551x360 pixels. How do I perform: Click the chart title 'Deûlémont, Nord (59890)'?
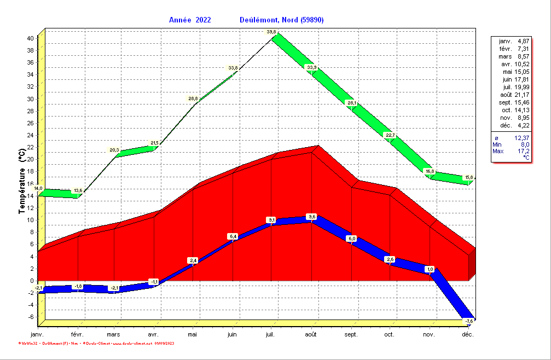point(282,20)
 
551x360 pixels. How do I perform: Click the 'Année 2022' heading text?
point(189,20)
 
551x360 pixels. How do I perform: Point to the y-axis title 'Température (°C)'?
point(22,181)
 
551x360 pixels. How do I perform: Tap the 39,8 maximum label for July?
point(271,32)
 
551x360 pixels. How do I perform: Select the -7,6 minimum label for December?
point(469,321)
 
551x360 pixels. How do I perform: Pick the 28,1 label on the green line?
point(351,103)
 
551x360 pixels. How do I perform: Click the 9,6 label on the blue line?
point(312,217)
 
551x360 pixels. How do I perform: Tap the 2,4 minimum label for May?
point(193,260)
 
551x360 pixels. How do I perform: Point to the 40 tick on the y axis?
point(31,38)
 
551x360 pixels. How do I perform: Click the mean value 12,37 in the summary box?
point(522,137)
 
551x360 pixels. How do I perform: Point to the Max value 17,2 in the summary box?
point(523,150)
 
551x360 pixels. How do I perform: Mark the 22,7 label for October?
point(390,135)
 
